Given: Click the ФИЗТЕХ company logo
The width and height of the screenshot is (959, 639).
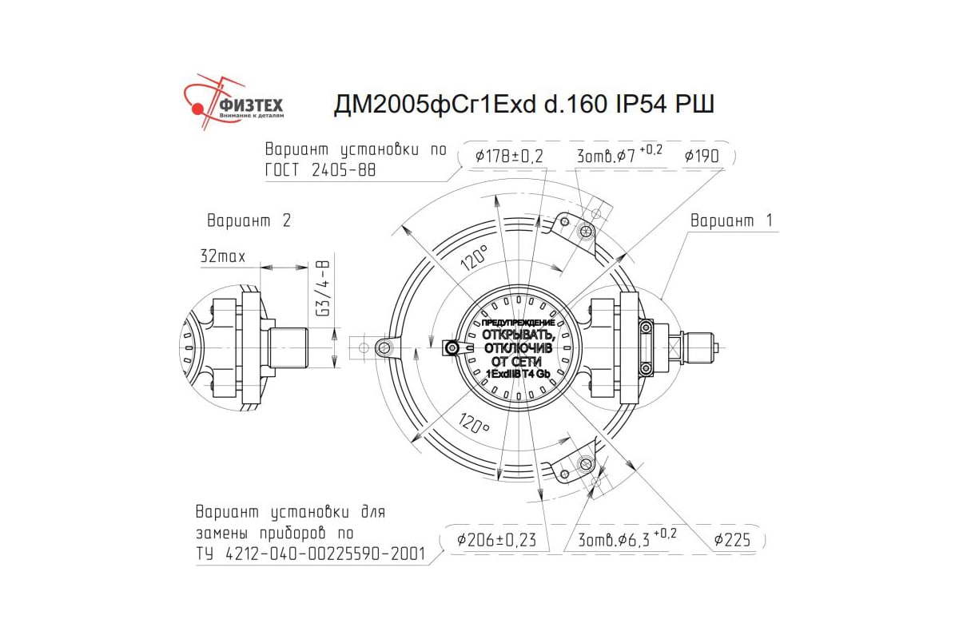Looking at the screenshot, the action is [233, 103].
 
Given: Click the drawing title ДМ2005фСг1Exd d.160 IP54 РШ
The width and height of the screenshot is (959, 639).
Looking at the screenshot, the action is [524, 104].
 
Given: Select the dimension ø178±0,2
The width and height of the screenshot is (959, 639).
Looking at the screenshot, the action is [509, 157].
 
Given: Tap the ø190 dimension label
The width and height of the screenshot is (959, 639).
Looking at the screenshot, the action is [702, 157].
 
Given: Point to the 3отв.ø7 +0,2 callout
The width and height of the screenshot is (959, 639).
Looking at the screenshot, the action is [619, 155].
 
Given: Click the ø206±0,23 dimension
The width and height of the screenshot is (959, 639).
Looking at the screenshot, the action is [496, 540].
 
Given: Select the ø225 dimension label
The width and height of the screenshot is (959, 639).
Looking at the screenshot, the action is [732, 540].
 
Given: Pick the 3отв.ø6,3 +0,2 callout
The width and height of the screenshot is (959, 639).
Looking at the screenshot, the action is [627, 539].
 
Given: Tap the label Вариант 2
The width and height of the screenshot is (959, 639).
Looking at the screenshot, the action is [249, 220].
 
